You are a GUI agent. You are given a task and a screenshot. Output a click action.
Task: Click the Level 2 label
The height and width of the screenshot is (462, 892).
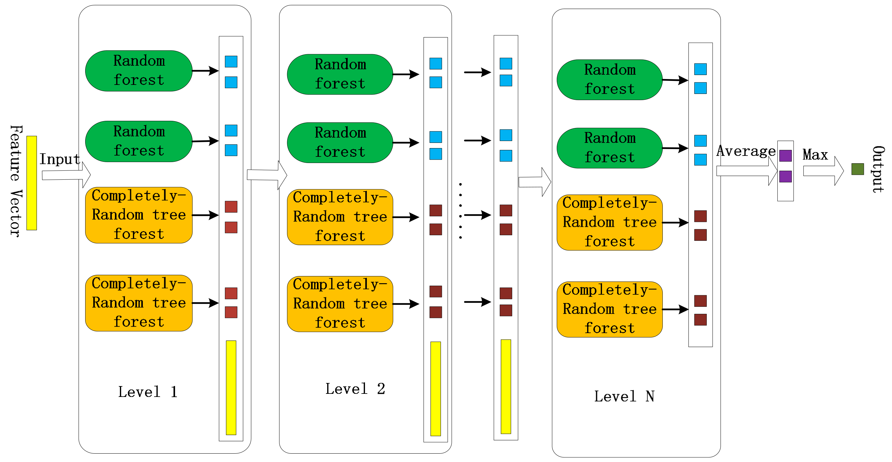pos(355,389)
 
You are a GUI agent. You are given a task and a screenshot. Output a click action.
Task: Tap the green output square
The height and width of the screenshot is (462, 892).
pos(857,169)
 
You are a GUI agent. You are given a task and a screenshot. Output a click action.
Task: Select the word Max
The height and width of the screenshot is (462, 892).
pos(815,154)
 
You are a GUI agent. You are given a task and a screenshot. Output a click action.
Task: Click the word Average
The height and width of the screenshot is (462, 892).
pos(745,151)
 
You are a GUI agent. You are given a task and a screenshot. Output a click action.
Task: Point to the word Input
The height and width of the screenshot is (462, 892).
pos(59,159)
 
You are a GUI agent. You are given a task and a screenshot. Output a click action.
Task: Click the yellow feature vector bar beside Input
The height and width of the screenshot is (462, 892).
pos(32,183)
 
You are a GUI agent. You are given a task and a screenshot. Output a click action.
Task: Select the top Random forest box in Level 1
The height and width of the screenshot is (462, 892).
pos(138,71)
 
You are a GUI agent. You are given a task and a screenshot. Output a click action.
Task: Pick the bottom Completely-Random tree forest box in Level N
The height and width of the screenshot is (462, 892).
pos(609,309)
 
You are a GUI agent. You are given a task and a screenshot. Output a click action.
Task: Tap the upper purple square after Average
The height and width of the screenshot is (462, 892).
pos(785,156)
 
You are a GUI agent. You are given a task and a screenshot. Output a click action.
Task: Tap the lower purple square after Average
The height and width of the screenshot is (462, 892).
pos(785,176)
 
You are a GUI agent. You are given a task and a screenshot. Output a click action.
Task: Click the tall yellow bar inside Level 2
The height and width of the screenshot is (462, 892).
pos(435,388)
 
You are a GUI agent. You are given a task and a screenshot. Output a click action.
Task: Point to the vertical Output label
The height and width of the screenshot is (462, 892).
pos(878,169)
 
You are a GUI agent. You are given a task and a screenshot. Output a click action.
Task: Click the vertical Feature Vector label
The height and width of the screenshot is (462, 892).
pos(15,181)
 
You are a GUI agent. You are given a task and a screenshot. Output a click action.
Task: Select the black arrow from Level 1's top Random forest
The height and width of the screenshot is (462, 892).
pos(205,71)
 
